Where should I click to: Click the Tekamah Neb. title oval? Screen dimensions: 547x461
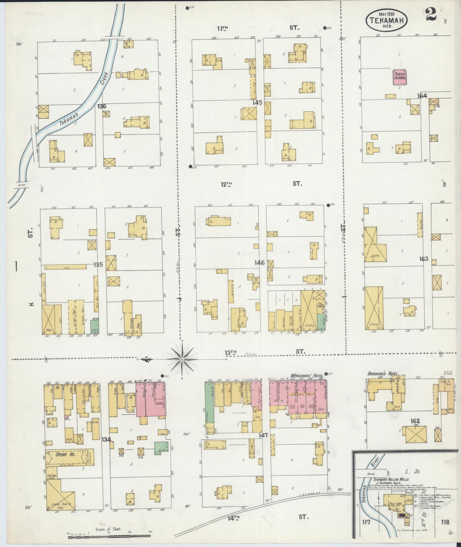pyautogui.click(x=386, y=20)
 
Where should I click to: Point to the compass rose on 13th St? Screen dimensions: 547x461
pyautogui.click(x=182, y=359)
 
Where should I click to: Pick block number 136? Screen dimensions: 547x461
pyautogui.click(x=102, y=106)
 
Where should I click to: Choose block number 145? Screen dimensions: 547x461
pyautogui.click(x=257, y=102)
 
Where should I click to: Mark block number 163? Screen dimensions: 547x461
pyautogui.click(x=424, y=259)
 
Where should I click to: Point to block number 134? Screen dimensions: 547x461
pyautogui.click(x=106, y=439)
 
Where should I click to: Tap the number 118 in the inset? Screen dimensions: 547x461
pyautogui.click(x=445, y=522)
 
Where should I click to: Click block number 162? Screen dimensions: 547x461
pyautogui.click(x=415, y=421)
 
